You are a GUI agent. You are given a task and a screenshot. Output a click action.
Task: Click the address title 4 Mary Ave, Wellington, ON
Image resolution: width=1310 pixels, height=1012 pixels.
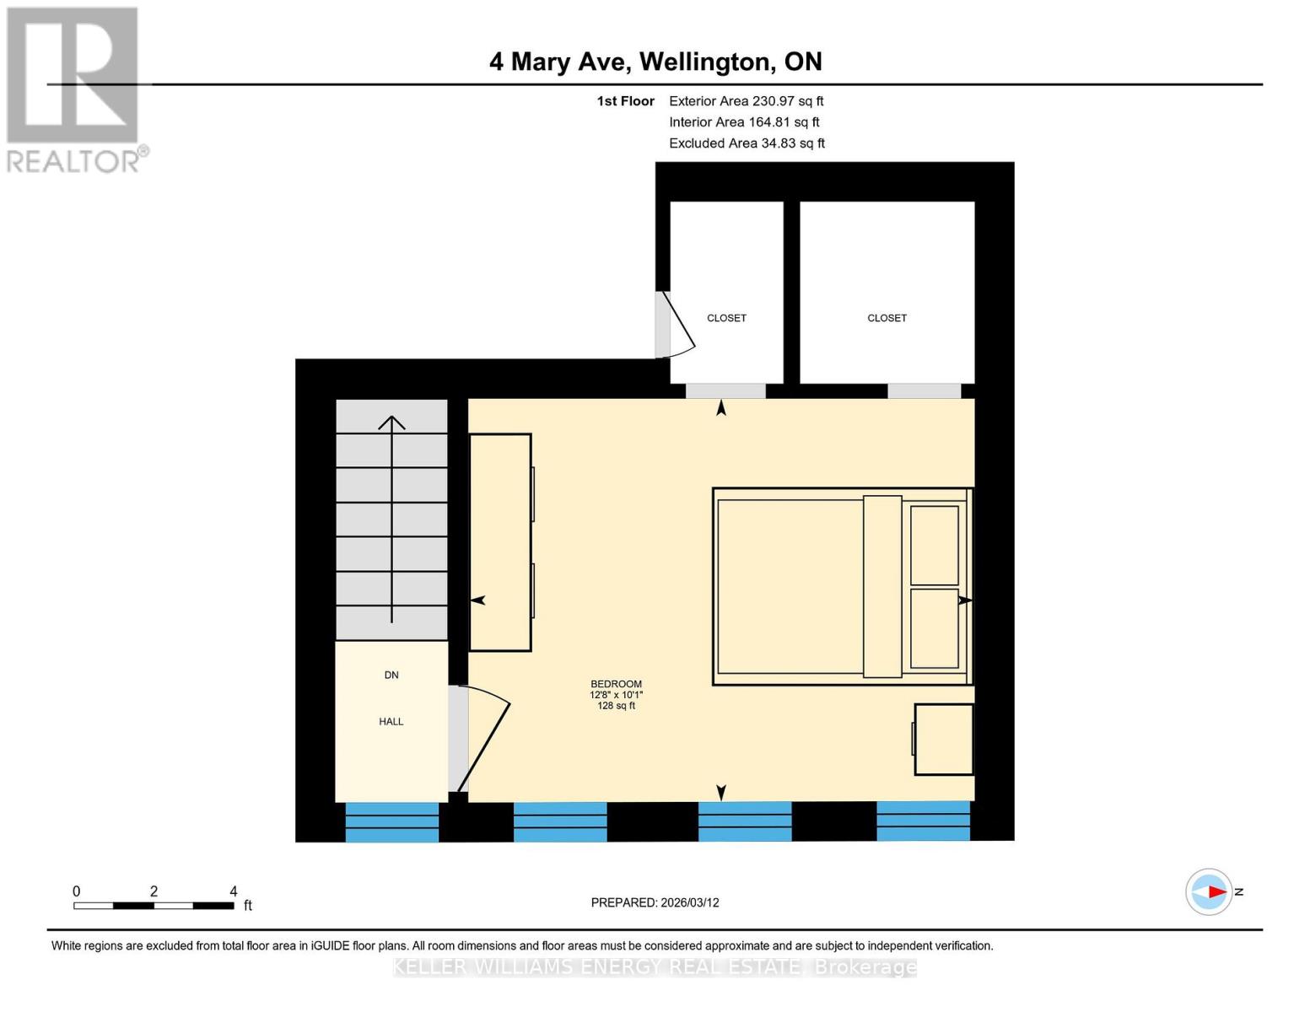655,62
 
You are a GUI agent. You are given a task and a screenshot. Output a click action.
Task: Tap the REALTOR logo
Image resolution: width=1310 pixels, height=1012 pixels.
74,89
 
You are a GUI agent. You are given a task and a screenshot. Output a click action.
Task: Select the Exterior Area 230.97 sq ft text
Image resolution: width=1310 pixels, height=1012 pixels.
746,101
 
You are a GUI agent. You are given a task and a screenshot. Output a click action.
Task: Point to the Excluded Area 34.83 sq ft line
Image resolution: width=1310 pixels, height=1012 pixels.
747,143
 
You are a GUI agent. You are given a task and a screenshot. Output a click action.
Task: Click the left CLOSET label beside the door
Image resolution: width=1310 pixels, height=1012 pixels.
726,318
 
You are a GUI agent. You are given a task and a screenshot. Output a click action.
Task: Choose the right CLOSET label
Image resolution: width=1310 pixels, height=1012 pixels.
887,318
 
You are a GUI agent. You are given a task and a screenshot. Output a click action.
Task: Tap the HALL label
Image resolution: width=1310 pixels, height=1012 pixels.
391,722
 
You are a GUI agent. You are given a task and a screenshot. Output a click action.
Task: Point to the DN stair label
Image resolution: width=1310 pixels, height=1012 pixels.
391,675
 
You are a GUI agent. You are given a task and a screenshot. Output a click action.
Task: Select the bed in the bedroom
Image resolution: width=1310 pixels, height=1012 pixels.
842,586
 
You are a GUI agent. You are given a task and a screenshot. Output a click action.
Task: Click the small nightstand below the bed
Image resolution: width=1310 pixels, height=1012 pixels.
944,739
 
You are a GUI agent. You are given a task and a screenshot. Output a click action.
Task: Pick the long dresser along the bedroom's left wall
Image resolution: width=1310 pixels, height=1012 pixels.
500,542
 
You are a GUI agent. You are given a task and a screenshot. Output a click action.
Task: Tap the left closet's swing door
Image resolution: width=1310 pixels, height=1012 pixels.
676,325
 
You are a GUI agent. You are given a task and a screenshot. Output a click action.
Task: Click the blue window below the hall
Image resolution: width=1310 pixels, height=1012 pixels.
391,822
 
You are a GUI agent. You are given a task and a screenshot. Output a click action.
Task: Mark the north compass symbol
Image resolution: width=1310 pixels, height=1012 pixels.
1210,891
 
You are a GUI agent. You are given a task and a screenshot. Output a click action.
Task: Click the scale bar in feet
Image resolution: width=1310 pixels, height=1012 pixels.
154,905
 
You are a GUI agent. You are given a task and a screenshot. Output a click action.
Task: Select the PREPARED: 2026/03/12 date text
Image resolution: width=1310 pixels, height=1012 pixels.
655,902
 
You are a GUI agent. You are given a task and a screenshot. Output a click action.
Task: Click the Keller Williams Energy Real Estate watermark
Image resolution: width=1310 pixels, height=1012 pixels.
655,967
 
